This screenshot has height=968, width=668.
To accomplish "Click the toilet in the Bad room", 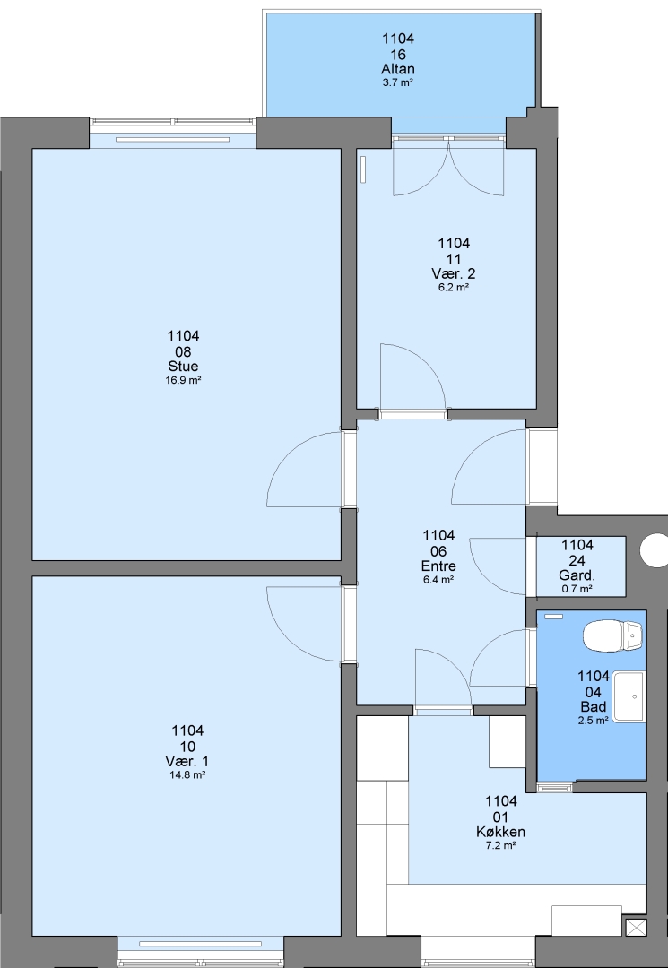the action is coord(613,635).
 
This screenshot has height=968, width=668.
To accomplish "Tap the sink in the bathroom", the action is coord(629,697).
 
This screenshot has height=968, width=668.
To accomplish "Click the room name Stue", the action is coord(183,367).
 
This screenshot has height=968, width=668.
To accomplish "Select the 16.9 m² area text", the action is coord(183,380).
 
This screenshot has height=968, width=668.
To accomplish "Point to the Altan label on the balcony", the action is coord(398,68).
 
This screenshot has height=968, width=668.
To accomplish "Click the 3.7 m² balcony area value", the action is coord(398,82).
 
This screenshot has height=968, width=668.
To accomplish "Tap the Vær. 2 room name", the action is coord(454,273).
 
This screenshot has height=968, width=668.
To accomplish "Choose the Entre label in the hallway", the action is coord(438,566).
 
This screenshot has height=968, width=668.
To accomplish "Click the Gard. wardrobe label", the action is coord(577,575).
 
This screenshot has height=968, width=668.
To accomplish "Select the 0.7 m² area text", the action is coord(577,589).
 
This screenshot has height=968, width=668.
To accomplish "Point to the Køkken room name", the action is coord(500,832).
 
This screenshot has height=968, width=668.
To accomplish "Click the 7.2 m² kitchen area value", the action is coord(500,845).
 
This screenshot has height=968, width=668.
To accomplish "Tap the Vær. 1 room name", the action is coord(187,761).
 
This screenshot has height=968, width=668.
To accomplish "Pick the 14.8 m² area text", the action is coord(187,774).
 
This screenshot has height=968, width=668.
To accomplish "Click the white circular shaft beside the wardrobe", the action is coord(655,550).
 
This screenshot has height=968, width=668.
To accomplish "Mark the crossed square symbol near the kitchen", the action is coord(636,928).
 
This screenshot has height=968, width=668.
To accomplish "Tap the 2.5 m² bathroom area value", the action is coord(594,721).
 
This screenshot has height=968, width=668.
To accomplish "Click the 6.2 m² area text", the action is coord(454,287).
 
